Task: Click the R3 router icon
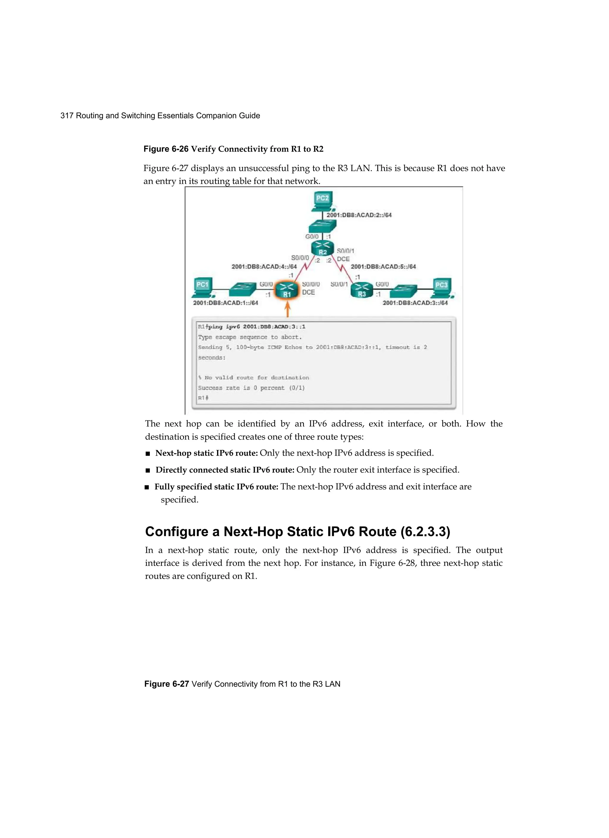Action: tap(362, 290)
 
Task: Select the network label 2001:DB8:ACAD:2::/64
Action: tap(359, 215)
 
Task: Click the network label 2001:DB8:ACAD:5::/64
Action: tap(383, 266)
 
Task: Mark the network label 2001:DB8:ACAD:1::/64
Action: tap(225, 303)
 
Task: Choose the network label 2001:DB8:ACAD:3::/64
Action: tap(415, 303)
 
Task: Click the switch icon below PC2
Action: tap(323, 226)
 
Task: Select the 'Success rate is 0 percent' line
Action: tap(251, 387)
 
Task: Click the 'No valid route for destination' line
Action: tap(254, 378)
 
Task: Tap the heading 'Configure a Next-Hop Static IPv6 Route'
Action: tap(297, 531)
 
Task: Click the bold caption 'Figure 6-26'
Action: tap(166, 149)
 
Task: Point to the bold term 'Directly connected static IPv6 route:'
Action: tap(225, 470)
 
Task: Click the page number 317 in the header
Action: tap(67, 116)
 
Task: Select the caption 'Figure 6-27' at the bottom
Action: tap(167, 684)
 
